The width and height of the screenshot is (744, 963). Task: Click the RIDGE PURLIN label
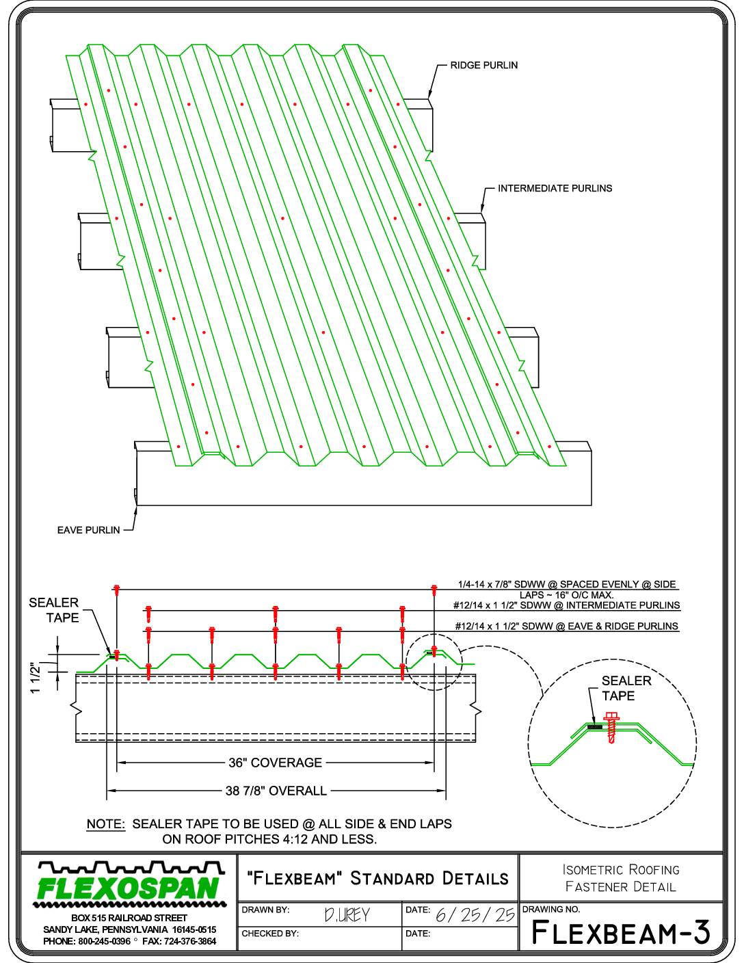click(484, 65)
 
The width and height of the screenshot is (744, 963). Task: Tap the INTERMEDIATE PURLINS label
click(555, 188)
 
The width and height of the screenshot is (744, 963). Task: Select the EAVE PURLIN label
click(89, 530)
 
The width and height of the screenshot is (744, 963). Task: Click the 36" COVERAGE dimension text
click(275, 763)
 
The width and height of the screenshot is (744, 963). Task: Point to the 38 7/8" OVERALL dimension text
click(276, 791)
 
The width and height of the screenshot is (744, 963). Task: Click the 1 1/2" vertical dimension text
click(36, 678)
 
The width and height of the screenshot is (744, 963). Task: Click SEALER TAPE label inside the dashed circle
click(626, 688)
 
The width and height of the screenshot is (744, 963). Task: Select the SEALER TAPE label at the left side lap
click(53, 610)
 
